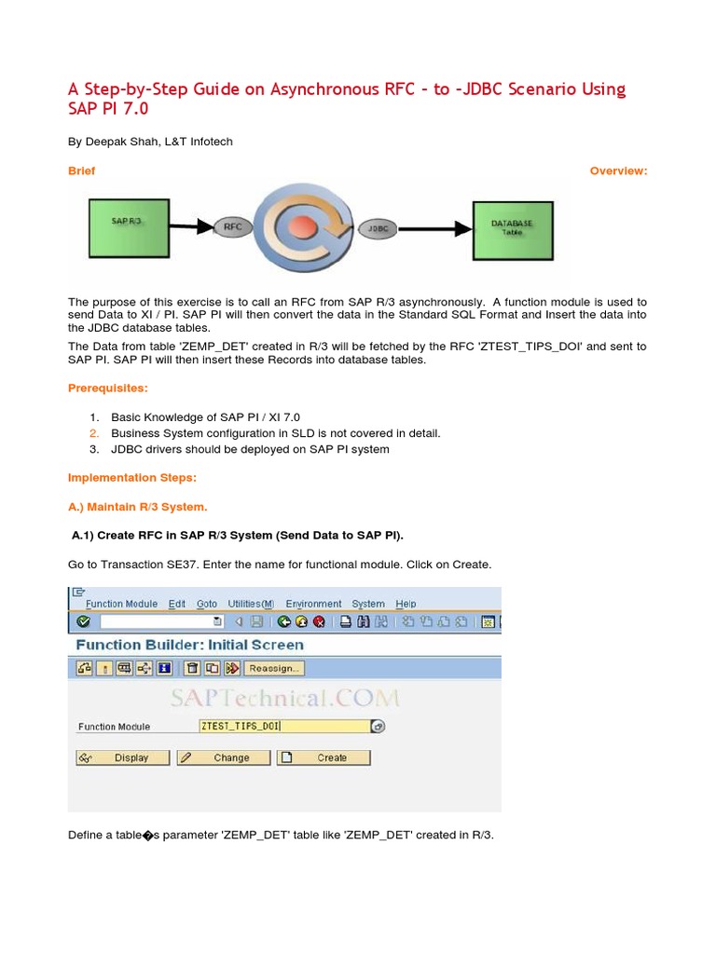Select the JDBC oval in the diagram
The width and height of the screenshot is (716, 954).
point(378,226)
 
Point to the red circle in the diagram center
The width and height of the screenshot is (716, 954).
point(301,227)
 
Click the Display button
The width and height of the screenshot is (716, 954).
point(123,757)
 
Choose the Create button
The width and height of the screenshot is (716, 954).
point(324,757)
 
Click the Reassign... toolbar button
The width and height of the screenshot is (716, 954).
point(274,668)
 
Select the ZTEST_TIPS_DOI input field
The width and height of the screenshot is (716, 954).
point(284,726)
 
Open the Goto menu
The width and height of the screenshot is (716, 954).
point(207,604)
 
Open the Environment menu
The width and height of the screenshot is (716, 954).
point(313,604)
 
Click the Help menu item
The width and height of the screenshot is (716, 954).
point(406,604)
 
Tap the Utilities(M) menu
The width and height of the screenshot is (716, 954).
point(251,604)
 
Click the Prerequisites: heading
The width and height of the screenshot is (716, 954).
point(107,388)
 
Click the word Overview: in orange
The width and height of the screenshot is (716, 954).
point(618,170)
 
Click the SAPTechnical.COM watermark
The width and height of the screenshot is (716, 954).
point(284,697)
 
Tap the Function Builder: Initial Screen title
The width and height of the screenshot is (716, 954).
point(189,645)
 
